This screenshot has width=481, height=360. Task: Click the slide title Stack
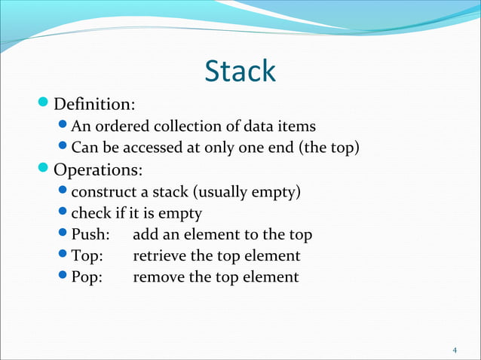(x=240, y=72)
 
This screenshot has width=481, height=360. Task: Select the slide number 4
(x=455, y=350)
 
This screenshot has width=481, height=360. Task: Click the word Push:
(x=90, y=234)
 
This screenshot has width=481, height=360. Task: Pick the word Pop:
(x=88, y=277)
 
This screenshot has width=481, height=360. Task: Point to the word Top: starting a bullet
(x=88, y=256)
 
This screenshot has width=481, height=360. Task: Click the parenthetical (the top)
(x=329, y=147)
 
